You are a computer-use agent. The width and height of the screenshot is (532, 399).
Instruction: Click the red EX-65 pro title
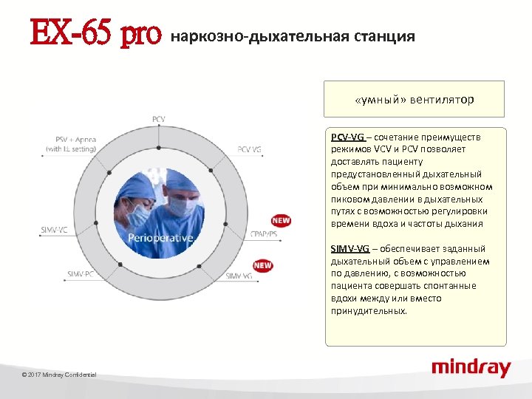click(x=95, y=34)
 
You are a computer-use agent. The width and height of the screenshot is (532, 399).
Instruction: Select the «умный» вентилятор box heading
click(x=414, y=99)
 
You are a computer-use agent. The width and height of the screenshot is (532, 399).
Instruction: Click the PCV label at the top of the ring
click(x=159, y=119)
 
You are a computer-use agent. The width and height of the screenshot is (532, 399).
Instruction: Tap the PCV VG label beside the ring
click(x=249, y=149)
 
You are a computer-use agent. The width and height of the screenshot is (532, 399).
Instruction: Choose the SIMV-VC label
click(x=53, y=230)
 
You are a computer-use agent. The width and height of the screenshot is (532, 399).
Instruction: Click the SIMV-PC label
click(x=81, y=274)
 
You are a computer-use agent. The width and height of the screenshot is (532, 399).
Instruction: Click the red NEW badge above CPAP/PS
click(x=281, y=220)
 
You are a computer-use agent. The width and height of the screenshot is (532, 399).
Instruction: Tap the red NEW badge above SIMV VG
click(x=262, y=265)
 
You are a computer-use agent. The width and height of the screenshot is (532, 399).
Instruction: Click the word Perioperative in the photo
click(x=160, y=238)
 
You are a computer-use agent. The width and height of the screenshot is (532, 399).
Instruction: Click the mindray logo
click(x=471, y=367)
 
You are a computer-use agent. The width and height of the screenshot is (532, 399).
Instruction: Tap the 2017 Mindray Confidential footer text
click(x=59, y=375)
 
